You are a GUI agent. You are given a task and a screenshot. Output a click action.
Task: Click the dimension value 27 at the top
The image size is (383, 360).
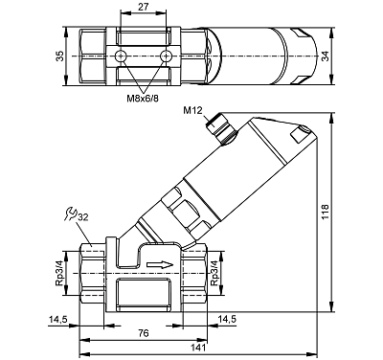click(x=144, y=7)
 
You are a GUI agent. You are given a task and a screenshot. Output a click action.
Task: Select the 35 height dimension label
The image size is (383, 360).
click(x=59, y=56)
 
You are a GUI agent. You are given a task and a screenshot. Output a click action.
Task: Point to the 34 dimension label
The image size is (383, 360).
click(x=325, y=56)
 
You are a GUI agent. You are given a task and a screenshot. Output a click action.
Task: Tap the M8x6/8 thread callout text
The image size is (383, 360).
click(x=143, y=99)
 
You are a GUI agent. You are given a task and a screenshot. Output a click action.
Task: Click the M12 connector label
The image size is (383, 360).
click(x=192, y=110)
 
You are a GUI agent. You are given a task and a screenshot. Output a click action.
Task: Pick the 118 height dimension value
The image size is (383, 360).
click(x=325, y=212)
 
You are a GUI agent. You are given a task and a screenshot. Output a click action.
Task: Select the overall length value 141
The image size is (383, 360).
click(x=198, y=348)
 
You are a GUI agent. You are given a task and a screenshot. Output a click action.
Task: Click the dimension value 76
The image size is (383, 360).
click(x=144, y=333)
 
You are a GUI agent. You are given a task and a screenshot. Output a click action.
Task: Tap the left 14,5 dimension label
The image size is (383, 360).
click(x=57, y=319)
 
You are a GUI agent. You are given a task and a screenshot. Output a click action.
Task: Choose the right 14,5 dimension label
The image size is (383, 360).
click(x=227, y=319)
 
